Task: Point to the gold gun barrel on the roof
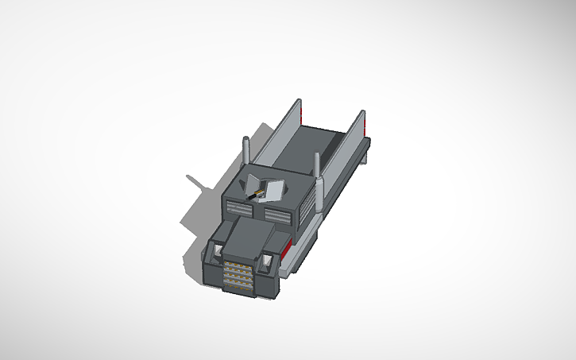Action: coord(256,192)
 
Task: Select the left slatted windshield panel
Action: coord(238,208)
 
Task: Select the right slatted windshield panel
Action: coord(277,215)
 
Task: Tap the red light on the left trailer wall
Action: coord(300,112)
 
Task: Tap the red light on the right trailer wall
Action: coord(364,125)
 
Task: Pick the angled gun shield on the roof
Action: coord(272,191)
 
